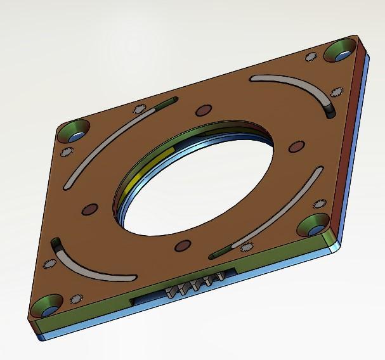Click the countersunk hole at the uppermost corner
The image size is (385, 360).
(x=341, y=51)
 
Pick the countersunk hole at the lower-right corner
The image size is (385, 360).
(x=313, y=224)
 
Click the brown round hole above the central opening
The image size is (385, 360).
(x=203, y=110)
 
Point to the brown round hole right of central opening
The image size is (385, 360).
(x=296, y=146)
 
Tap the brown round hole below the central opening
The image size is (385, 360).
(x=182, y=245)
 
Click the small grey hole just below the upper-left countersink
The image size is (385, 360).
(x=66, y=151)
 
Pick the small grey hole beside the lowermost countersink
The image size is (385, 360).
(x=77, y=298)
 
